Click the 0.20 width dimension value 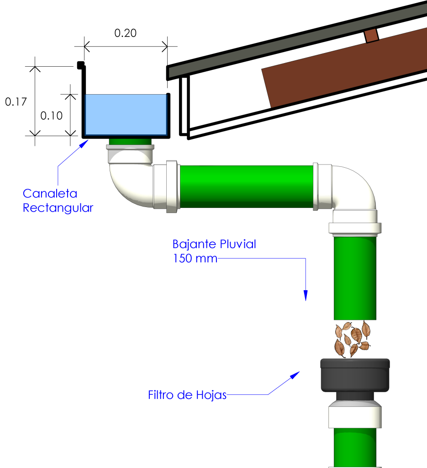(125, 33)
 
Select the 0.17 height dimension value (16, 101)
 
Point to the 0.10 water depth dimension (51, 116)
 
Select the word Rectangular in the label (58, 208)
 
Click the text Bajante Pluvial (214, 244)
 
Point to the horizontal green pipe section (247, 186)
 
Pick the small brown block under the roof (372, 36)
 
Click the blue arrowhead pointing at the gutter (84, 144)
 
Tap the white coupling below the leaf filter (355, 415)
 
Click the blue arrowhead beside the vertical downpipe (306, 295)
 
